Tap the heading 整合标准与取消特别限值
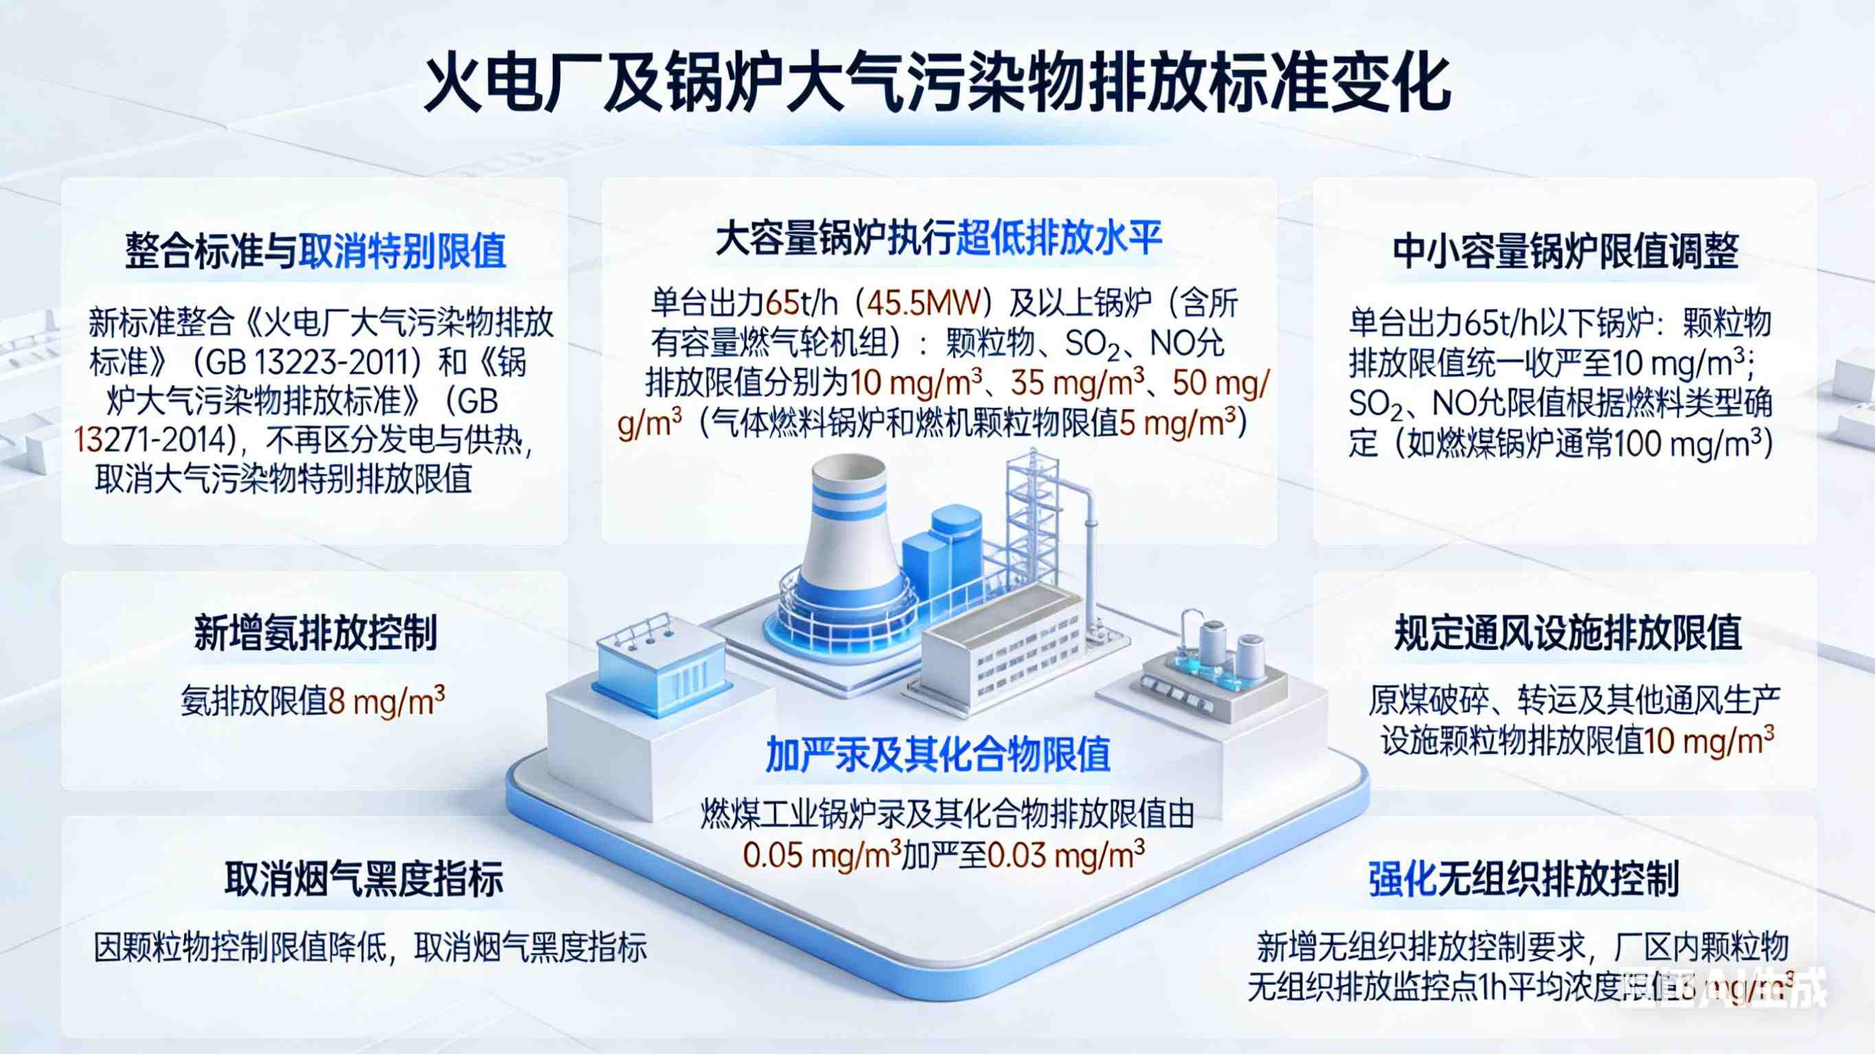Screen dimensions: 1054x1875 (315, 252)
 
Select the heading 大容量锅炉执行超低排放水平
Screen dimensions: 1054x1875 (938, 239)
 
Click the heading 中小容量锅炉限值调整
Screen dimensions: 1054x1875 (1565, 252)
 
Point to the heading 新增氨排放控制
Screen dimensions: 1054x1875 (315, 632)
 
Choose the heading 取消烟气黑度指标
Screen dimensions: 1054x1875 (363, 880)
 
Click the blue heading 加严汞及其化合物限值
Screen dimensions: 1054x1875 (938, 754)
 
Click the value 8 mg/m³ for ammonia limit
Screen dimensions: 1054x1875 (387, 702)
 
